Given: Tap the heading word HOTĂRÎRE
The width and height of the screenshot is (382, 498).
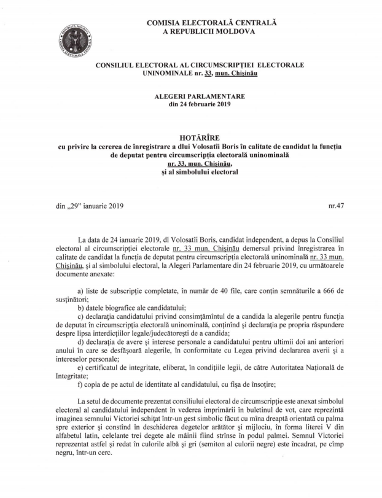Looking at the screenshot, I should tap(191, 135).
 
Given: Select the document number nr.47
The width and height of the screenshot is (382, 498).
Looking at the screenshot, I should tap(336, 206).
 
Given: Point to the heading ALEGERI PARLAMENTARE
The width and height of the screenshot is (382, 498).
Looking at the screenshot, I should tap(191, 96).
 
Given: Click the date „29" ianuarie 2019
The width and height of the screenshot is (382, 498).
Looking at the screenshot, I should tap(89, 206).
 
